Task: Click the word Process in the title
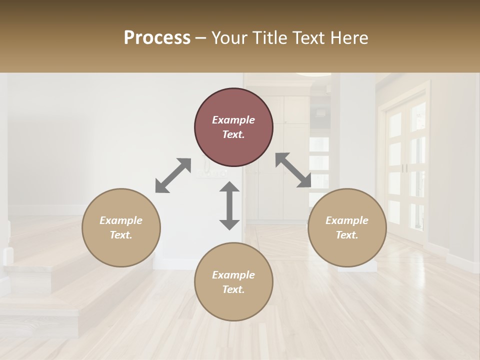coord(157,38)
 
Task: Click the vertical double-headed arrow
coord(229,205)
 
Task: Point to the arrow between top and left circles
coord(173,175)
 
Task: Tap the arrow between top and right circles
coord(293,170)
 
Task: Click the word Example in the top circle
coord(233,120)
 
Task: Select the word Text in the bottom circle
coord(233,289)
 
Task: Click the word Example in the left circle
coord(121,220)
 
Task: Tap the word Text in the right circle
coord(346,235)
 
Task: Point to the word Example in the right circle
coord(347,220)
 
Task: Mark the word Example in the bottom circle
coord(233,275)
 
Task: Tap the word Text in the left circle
coord(120,235)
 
